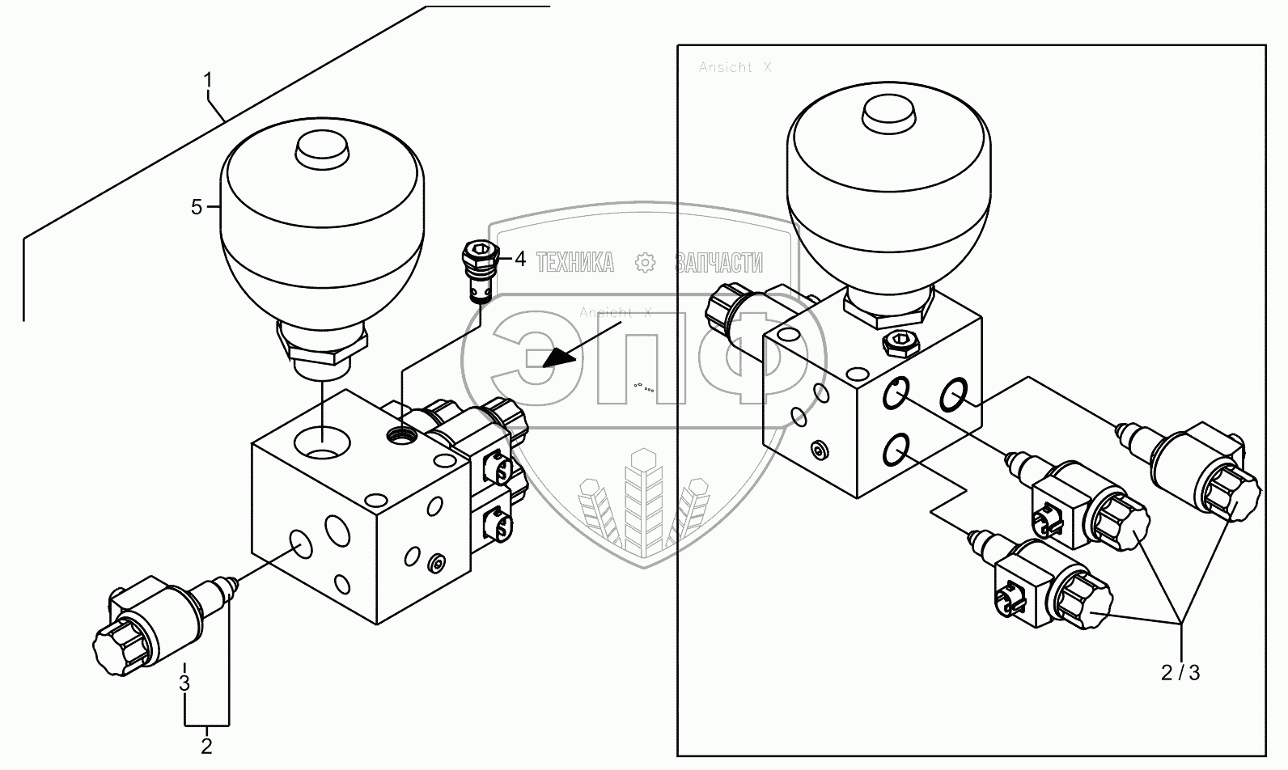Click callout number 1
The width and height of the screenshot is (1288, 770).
[208, 81]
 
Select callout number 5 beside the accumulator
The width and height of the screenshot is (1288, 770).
[197, 207]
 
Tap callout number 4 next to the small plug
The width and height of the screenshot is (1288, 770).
[520, 260]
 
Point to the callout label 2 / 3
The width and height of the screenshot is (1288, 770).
[1180, 673]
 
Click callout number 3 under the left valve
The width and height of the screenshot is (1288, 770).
[184, 682]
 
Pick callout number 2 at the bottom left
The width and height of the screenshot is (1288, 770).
[206, 746]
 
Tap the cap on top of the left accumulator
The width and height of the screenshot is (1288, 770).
[322, 150]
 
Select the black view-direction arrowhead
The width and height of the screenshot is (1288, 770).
[555, 357]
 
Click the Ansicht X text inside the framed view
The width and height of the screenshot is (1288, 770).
[735, 68]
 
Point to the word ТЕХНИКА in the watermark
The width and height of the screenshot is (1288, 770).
[575, 262]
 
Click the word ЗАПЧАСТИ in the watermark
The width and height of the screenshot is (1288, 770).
[718, 262]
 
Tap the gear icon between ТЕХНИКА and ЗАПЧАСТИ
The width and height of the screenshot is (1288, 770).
[645, 262]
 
